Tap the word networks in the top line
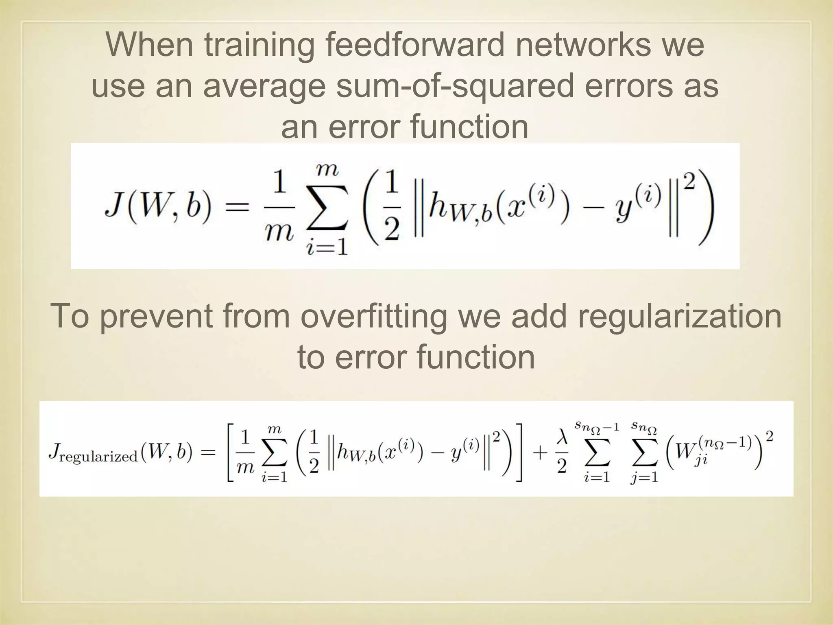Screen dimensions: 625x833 pos(582,44)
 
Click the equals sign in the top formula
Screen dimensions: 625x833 pos(237,208)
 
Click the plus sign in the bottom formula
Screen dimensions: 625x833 pos(539,452)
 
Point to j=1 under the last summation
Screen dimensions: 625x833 pos(645,476)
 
